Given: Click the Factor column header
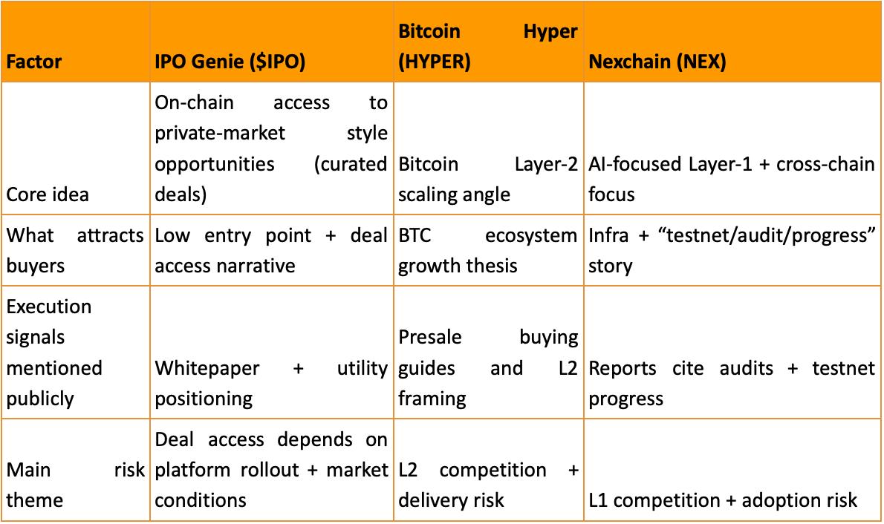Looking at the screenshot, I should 34,62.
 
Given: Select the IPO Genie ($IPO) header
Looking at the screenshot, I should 230,62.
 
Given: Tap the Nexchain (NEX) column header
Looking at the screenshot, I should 657,62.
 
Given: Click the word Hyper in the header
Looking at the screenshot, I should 550,32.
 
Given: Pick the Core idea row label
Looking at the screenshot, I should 48,194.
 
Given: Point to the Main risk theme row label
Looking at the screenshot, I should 74,485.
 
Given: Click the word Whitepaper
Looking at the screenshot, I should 207,368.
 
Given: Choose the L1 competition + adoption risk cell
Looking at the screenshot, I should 723,500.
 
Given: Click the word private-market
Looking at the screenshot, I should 220,133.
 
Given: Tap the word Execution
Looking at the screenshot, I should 49,307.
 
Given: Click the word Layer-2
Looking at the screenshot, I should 546,163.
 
